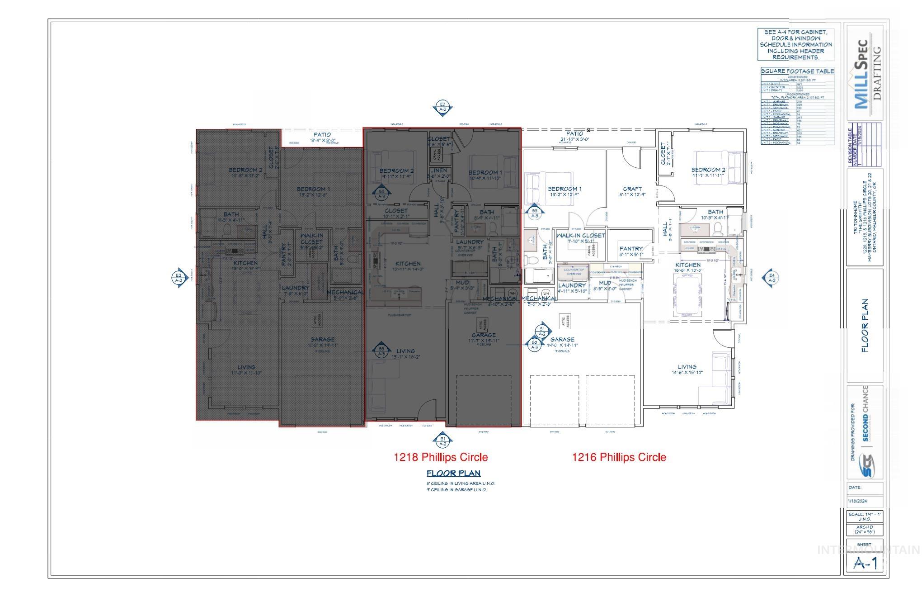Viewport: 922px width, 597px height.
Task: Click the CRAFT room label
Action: pyautogui.click(x=632, y=189)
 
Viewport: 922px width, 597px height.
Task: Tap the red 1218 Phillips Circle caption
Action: pyautogui.click(x=441, y=457)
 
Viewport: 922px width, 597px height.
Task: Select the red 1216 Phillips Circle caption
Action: pyautogui.click(x=619, y=457)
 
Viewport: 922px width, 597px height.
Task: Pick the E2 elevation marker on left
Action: pyautogui.click(x=179, y=278)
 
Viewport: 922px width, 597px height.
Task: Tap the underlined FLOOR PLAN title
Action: pyautogui.click(x=453, y=474)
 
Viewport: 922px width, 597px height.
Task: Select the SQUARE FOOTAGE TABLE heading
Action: pyautogui.click(x=797, y=71)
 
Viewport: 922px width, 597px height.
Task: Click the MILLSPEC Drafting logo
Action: pyautogui.click(x=864, y=68)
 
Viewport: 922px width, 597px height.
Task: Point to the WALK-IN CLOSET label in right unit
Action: pyautogui.click(x=580, y=236)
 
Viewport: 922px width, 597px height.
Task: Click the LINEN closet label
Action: pyautogui.click(x=438, y=171)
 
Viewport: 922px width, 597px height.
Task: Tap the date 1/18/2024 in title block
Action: pyautogui.click(x=857, y=501)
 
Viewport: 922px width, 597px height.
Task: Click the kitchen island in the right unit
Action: pyautogui.click(x=688, y=297)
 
